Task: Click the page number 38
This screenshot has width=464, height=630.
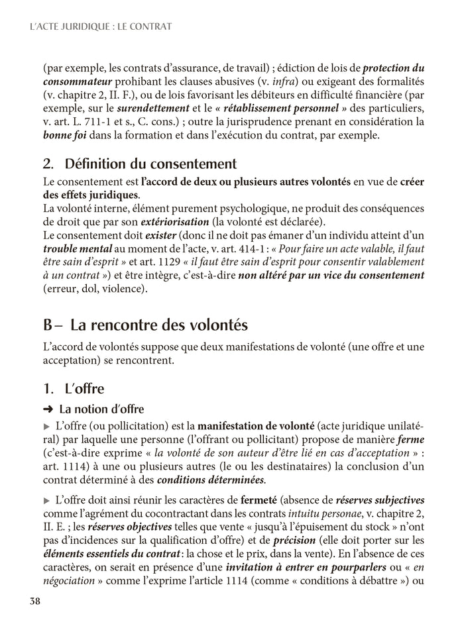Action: coord(35,602)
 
